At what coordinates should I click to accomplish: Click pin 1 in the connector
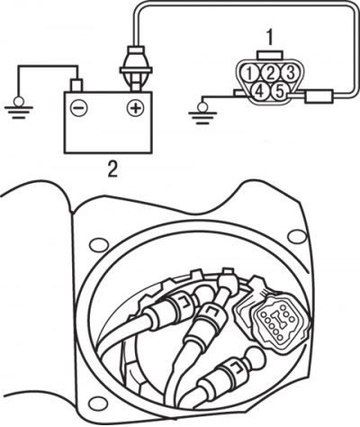click(x=249, y=73)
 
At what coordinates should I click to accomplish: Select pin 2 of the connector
click(x=270, y=73)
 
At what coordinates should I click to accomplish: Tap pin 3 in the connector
click(x=290, y=73)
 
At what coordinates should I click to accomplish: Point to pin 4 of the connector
click(x=259, y=91)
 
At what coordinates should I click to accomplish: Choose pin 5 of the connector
click(x=280, y=91)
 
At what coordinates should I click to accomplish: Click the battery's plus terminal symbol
click(x=136, y=107)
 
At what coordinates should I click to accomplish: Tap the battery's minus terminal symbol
click(x=79, y=107)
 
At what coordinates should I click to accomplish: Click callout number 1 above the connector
click(x=270, y=37)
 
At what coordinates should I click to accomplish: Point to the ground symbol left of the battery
click(x=19, y=108)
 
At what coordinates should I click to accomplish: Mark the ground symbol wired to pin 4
click(x=202, y=113)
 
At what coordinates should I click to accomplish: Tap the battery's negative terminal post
click(x=76, y=86)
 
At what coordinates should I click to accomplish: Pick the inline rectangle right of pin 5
click(x=319, y=96)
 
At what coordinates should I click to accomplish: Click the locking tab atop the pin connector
click(x=270, y=56)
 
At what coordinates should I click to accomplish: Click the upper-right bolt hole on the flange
click(x=296, y=234)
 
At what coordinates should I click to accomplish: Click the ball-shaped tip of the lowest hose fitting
click(x=255, y=358)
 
